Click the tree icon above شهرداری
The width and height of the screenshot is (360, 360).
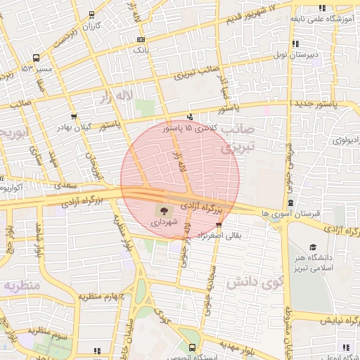[164, 210]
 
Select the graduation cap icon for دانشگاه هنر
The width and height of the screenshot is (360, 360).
[311, 247]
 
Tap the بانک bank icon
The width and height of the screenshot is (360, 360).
[142, 40]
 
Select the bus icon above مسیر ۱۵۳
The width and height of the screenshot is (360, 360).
[36, 57]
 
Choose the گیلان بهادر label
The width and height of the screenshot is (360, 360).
[75, 127]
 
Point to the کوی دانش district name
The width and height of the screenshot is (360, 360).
[255, 283]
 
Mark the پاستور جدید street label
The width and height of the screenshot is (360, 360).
[320, 104]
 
